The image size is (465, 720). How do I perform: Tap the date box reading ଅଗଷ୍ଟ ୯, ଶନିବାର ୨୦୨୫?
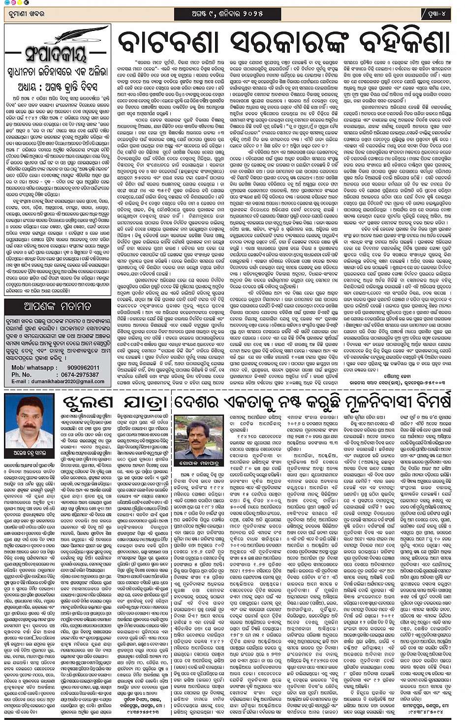point(227,14)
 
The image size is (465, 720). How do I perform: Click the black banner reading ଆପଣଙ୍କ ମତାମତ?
point(58,306)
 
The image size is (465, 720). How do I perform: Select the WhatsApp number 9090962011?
point(83,368)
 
